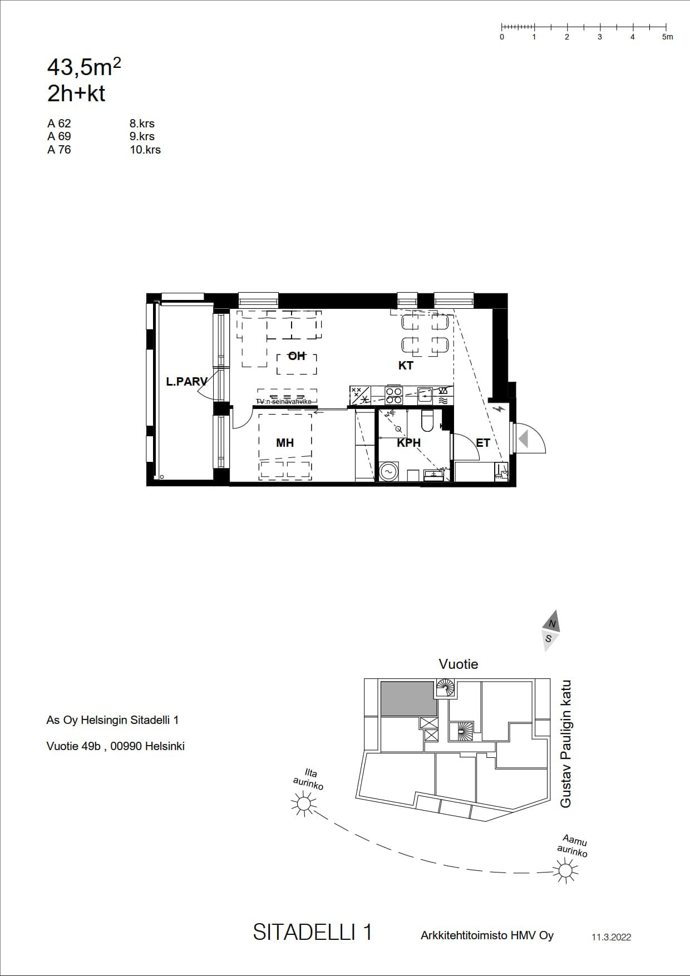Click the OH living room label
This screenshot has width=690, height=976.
tap(297, 356)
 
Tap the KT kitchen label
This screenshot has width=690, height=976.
tap(406, 366)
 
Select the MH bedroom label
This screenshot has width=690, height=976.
tap(285, 443)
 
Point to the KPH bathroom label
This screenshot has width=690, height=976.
tap(408, 443)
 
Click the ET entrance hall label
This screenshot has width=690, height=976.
tap(483, 443)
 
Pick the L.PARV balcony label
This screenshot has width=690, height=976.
tap(186, 382)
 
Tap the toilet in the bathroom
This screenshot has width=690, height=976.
tap(427, 420)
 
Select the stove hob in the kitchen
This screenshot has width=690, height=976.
tap(394, 395)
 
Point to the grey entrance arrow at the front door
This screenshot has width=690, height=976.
tap(523, 439)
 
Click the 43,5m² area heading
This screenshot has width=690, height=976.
tap(84, 67)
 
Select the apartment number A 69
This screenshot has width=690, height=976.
tap(59, 136)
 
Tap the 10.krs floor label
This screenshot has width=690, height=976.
tap(145, 150)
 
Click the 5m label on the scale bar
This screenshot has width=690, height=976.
tap(667, 37)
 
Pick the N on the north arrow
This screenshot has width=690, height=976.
tap(552, 624)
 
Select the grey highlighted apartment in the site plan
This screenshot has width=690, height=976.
tap(408, 699)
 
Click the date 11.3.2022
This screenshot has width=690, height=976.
tap(611, 937)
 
